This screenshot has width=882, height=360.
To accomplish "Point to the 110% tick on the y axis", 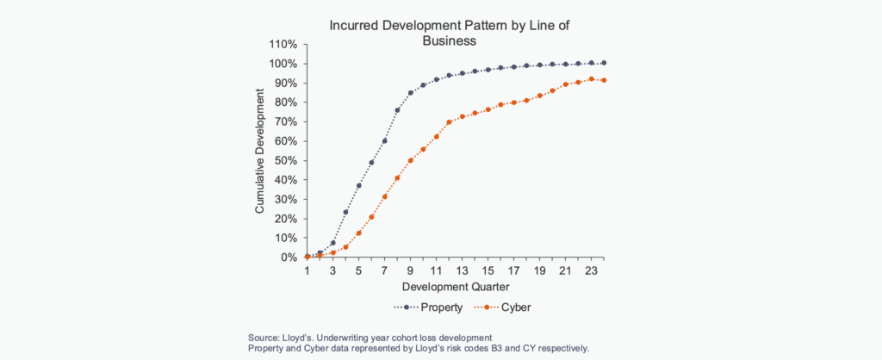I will [283, 45].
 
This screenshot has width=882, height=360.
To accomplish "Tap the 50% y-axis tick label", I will [286, 161].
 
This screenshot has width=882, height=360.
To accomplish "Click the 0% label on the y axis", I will [289, 258].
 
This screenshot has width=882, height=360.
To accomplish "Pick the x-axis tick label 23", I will [592, 270].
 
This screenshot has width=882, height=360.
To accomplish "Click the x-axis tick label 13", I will [463, 270].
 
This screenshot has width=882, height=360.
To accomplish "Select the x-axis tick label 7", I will [385, 270].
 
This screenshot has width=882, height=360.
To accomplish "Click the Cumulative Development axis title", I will [259, 151].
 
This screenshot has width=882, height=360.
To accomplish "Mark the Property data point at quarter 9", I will [411, 93].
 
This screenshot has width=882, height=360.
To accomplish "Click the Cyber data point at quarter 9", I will [411, 160].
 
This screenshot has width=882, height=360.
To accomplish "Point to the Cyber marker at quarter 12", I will [450, 122].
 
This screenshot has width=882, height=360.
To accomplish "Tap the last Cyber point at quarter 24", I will [605, 80].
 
